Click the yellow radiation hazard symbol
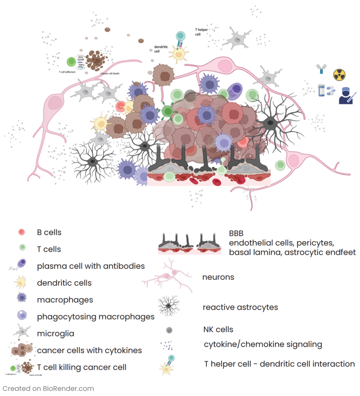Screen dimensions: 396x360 pyautogui.click(x=339, y=75)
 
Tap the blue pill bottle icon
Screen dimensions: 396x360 pyautogui.click(x=321, y=91)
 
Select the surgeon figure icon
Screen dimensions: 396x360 pyautogui.click(x=345, y=96)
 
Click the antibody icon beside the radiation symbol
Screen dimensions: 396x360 pyautogui.click(x=321, y=69)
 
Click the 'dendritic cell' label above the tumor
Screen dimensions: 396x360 pyautogui.click(x=160, y=49)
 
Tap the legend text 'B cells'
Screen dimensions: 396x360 pyautogui.click(x=49, y=232)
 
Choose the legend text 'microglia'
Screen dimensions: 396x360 pyautogui.click(x=55, y=333)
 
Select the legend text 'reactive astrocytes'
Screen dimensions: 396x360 pyautogui.click(x=240, y=307)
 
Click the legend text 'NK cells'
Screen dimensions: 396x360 pyautogui.click(x=218, y=330)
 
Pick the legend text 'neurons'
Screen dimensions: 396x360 pyautogui.click(x=218, y=277)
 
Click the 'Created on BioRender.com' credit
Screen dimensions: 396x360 pyautogui.click(x=48, y=388)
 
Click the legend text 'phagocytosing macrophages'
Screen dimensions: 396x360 pyautogui.click(x=96, y=317)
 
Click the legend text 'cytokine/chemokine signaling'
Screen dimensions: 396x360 pyautogui.click(x=263, y=344)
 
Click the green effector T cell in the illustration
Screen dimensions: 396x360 pyautogui.click(x=71, y=61)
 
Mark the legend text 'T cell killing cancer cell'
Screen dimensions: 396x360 pyautogui.click(x=81, y=367)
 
